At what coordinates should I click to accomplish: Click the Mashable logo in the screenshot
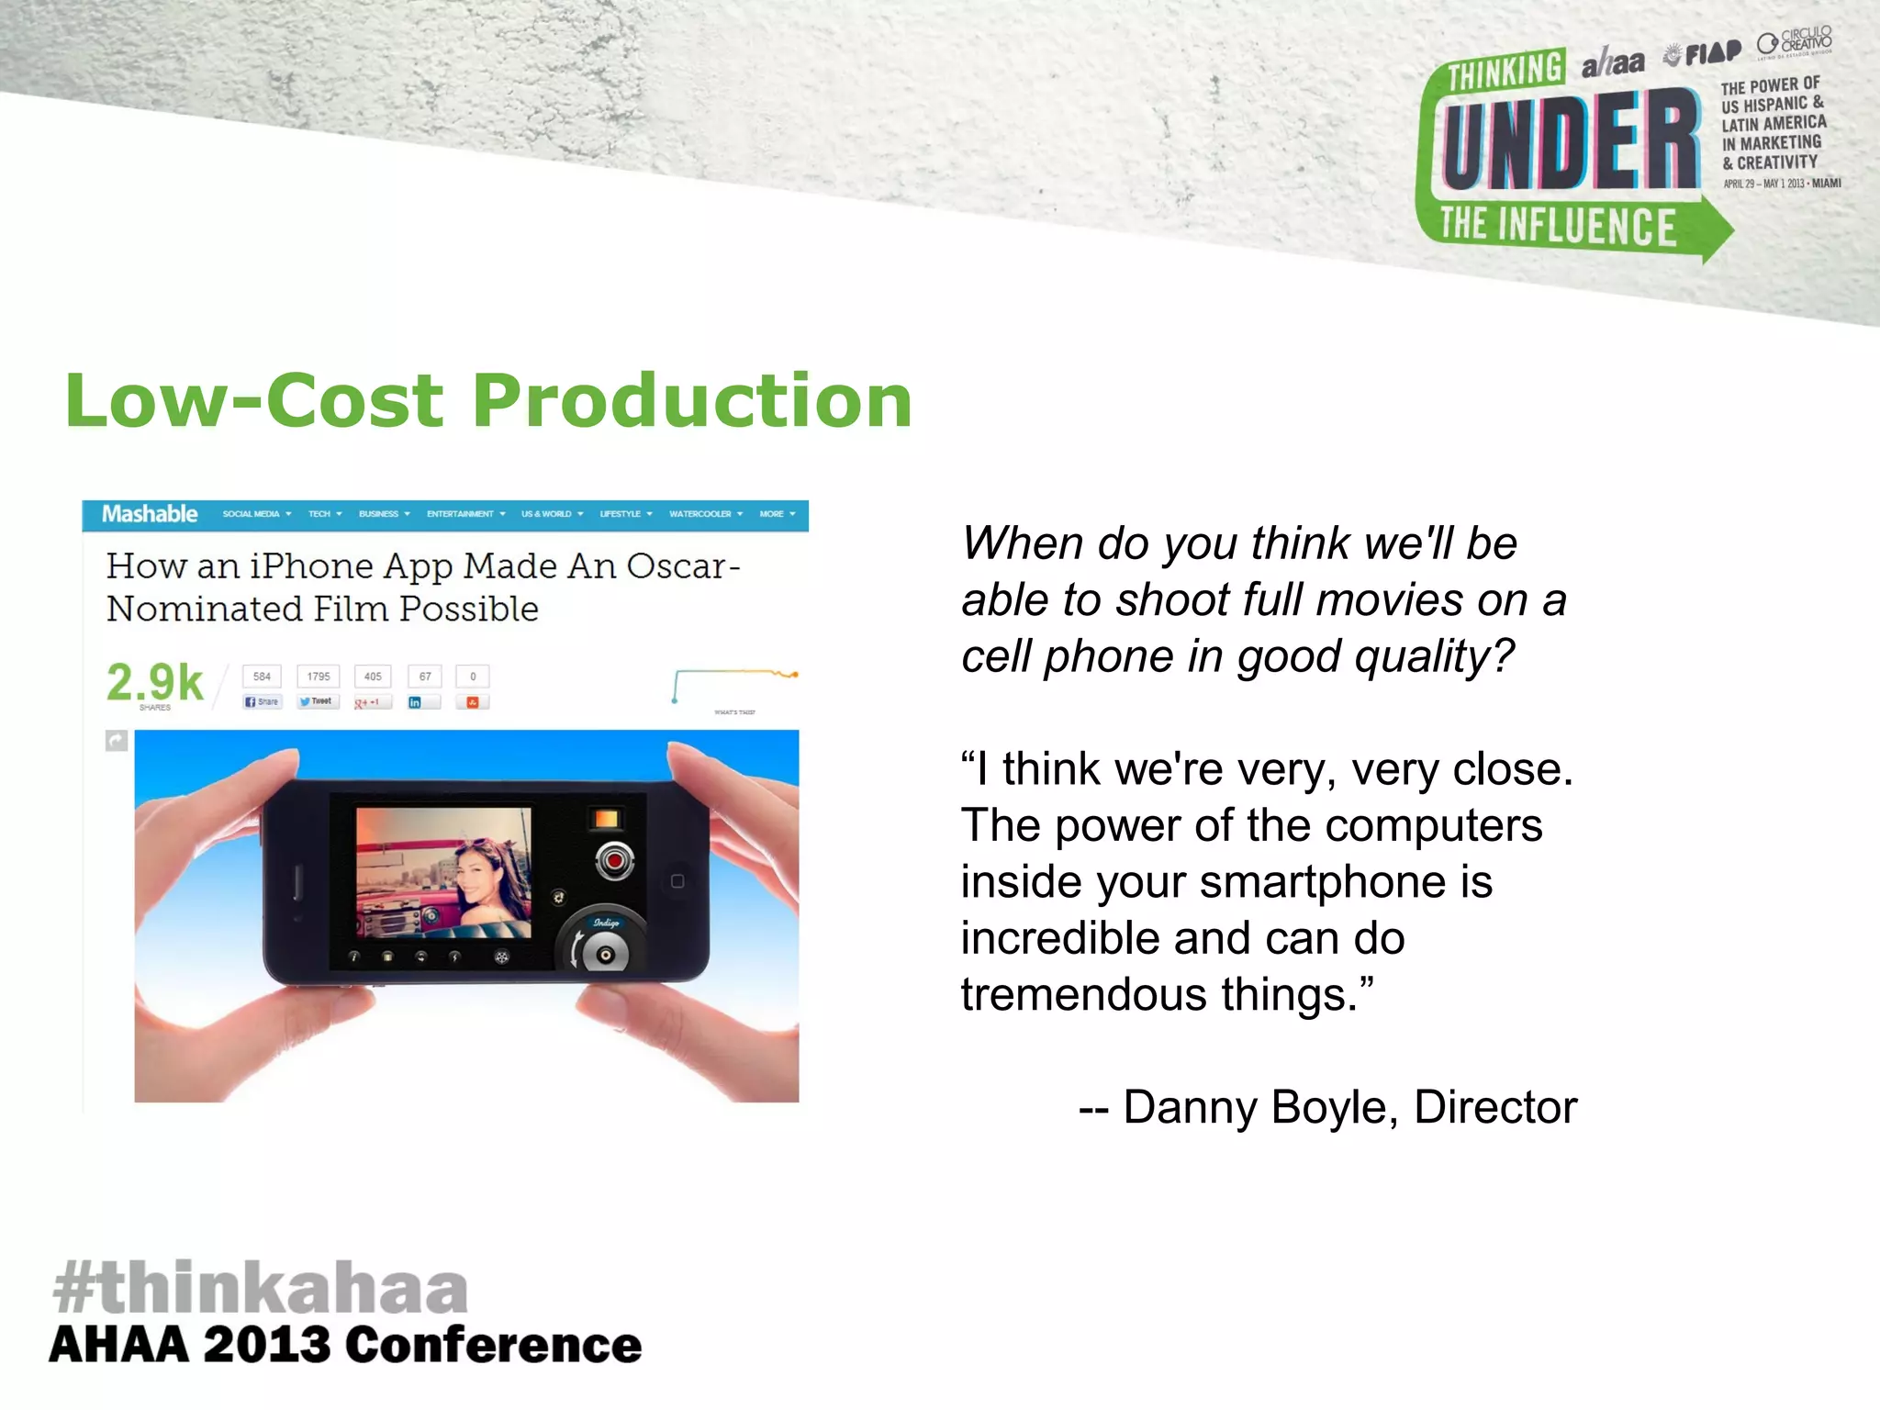(150, 514)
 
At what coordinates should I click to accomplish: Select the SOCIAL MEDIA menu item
(251, 514)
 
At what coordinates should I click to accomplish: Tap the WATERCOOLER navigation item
(700, 514)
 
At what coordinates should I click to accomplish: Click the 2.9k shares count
(154, 682)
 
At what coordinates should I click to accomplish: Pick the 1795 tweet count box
(319, 677)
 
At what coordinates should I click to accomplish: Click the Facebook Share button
(262, 702)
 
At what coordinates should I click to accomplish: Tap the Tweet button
(318, 702)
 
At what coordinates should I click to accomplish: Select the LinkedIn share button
(423, 702)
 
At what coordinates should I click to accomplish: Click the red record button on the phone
(614, 861)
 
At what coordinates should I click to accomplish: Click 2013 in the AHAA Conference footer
(266, 1346)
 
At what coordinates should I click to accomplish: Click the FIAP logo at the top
(1705, 53)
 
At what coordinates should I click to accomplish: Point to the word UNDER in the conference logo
(1569, 143)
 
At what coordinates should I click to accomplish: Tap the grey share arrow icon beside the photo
(117, 740)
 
